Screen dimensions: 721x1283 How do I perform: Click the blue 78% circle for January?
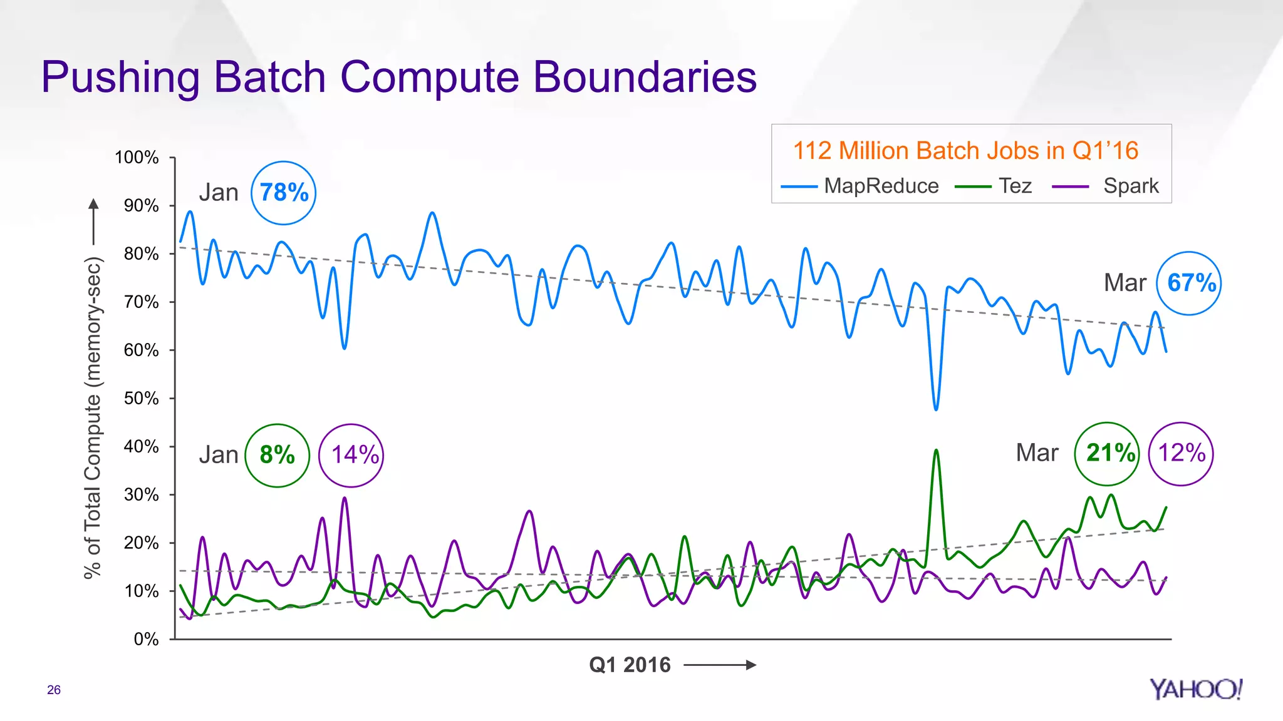tap(284, 193)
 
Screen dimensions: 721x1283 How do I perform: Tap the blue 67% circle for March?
tap(1189, 283)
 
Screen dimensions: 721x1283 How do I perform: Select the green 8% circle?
tap(277, 455)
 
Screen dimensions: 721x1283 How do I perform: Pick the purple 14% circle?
tap(351, 455)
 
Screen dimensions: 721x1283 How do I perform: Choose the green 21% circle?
tap(1108, 454)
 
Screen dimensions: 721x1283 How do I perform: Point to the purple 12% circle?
tap(1181, 454)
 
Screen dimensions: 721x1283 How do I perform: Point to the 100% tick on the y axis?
tap(137, 157)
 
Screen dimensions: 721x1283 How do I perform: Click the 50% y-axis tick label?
tap(141, 398)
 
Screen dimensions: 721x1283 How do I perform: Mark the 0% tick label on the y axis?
tap(146, 639)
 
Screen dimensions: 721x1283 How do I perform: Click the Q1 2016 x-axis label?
tap(630, 665)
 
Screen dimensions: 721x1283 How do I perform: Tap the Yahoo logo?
tap(1195, 689)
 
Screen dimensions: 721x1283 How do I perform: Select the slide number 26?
tap(54, 690)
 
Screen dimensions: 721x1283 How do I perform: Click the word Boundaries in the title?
tap(645, 77)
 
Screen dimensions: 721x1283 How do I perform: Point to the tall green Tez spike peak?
tap(936, 451)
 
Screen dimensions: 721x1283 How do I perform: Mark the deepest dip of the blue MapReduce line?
tap(936, 409)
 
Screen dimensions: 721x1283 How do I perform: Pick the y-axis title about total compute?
tap(93, 418)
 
